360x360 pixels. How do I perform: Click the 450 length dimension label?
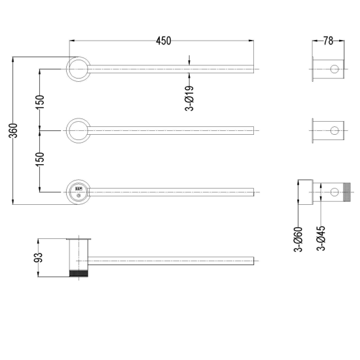click(x=164, y=41)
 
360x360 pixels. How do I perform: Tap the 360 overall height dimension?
click(x=13, y=131)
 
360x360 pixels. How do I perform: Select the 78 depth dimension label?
click(x=328, y=41)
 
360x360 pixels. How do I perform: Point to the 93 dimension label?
click(x=39, y=257)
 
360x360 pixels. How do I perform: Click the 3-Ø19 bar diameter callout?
click(x=189, y=98)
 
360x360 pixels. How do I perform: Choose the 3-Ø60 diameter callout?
click(x=298, y=239)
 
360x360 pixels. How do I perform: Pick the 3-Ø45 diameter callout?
click(x=321, y=238)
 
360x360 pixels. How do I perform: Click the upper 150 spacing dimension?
click(x=40, y=102)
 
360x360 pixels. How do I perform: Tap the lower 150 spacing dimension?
click(x=40, y=159)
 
